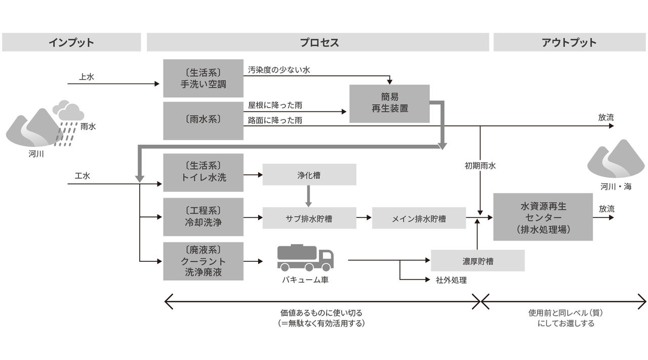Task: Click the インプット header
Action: pyautogui.click(x=71, y=43)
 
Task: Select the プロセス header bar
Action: pyautogui.click(x=318, y=43)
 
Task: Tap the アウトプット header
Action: pyautogui.click(x=570, y=43)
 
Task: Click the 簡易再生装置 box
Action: pyautogui.click(x=389, y=103)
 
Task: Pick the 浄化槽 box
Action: pyautogui.click(x=309, y=175)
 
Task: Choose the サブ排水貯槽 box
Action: pyautogui.click(x=309, y=219)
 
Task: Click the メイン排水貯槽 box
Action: pyautogui.click(x=419, y=219)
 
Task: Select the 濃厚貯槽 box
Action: pyautogui.click(x=477, y=261)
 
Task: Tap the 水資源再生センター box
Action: pyautogui.click(x=543, y=217)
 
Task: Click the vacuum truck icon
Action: pyautogui.click(x=305, y=258)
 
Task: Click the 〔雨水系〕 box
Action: pyautogui.click(x=203, y=121)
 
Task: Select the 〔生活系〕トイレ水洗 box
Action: pyautogui.click(x=203, y=172)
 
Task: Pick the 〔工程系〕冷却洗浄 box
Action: pyautogui.click(x=203, y=217)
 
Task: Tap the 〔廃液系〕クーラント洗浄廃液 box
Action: pyautogui.click(x=203, y=261)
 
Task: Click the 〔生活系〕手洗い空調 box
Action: pyautogui.click(x=203, y=78)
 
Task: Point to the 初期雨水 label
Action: pyautogui.click(x=479, y=166)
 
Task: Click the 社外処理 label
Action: pyautogui.click(x=451, y=280)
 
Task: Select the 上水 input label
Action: pyautogui.click(x=87, y=77)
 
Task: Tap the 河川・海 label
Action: pyautogui.click(x=616, y=186)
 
